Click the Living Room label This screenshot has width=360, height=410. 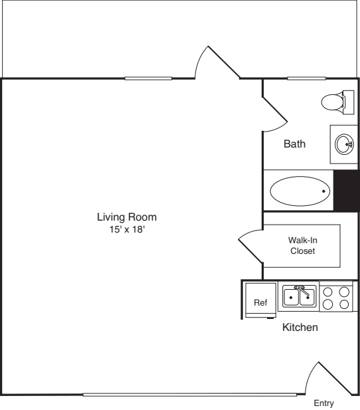pos(127,217)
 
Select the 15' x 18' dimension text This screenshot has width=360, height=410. pos(127,229)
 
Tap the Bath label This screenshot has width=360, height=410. pos(294,144)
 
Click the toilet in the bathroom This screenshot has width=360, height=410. pos(336,102)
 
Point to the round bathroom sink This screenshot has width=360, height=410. pos(344,144)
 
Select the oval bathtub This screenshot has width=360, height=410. pos(300,191)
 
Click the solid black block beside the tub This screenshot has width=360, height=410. pos(346,191)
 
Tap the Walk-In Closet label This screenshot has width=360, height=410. pos(302,246)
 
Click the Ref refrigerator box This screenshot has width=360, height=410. pos(260,302)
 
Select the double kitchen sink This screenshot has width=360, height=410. pos(299,296)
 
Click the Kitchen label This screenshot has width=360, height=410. pos(300,328)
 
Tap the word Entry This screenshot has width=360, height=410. pos(324,403)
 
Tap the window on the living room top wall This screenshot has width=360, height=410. pos(147,78)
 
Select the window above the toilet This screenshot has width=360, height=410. pos(306,78)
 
